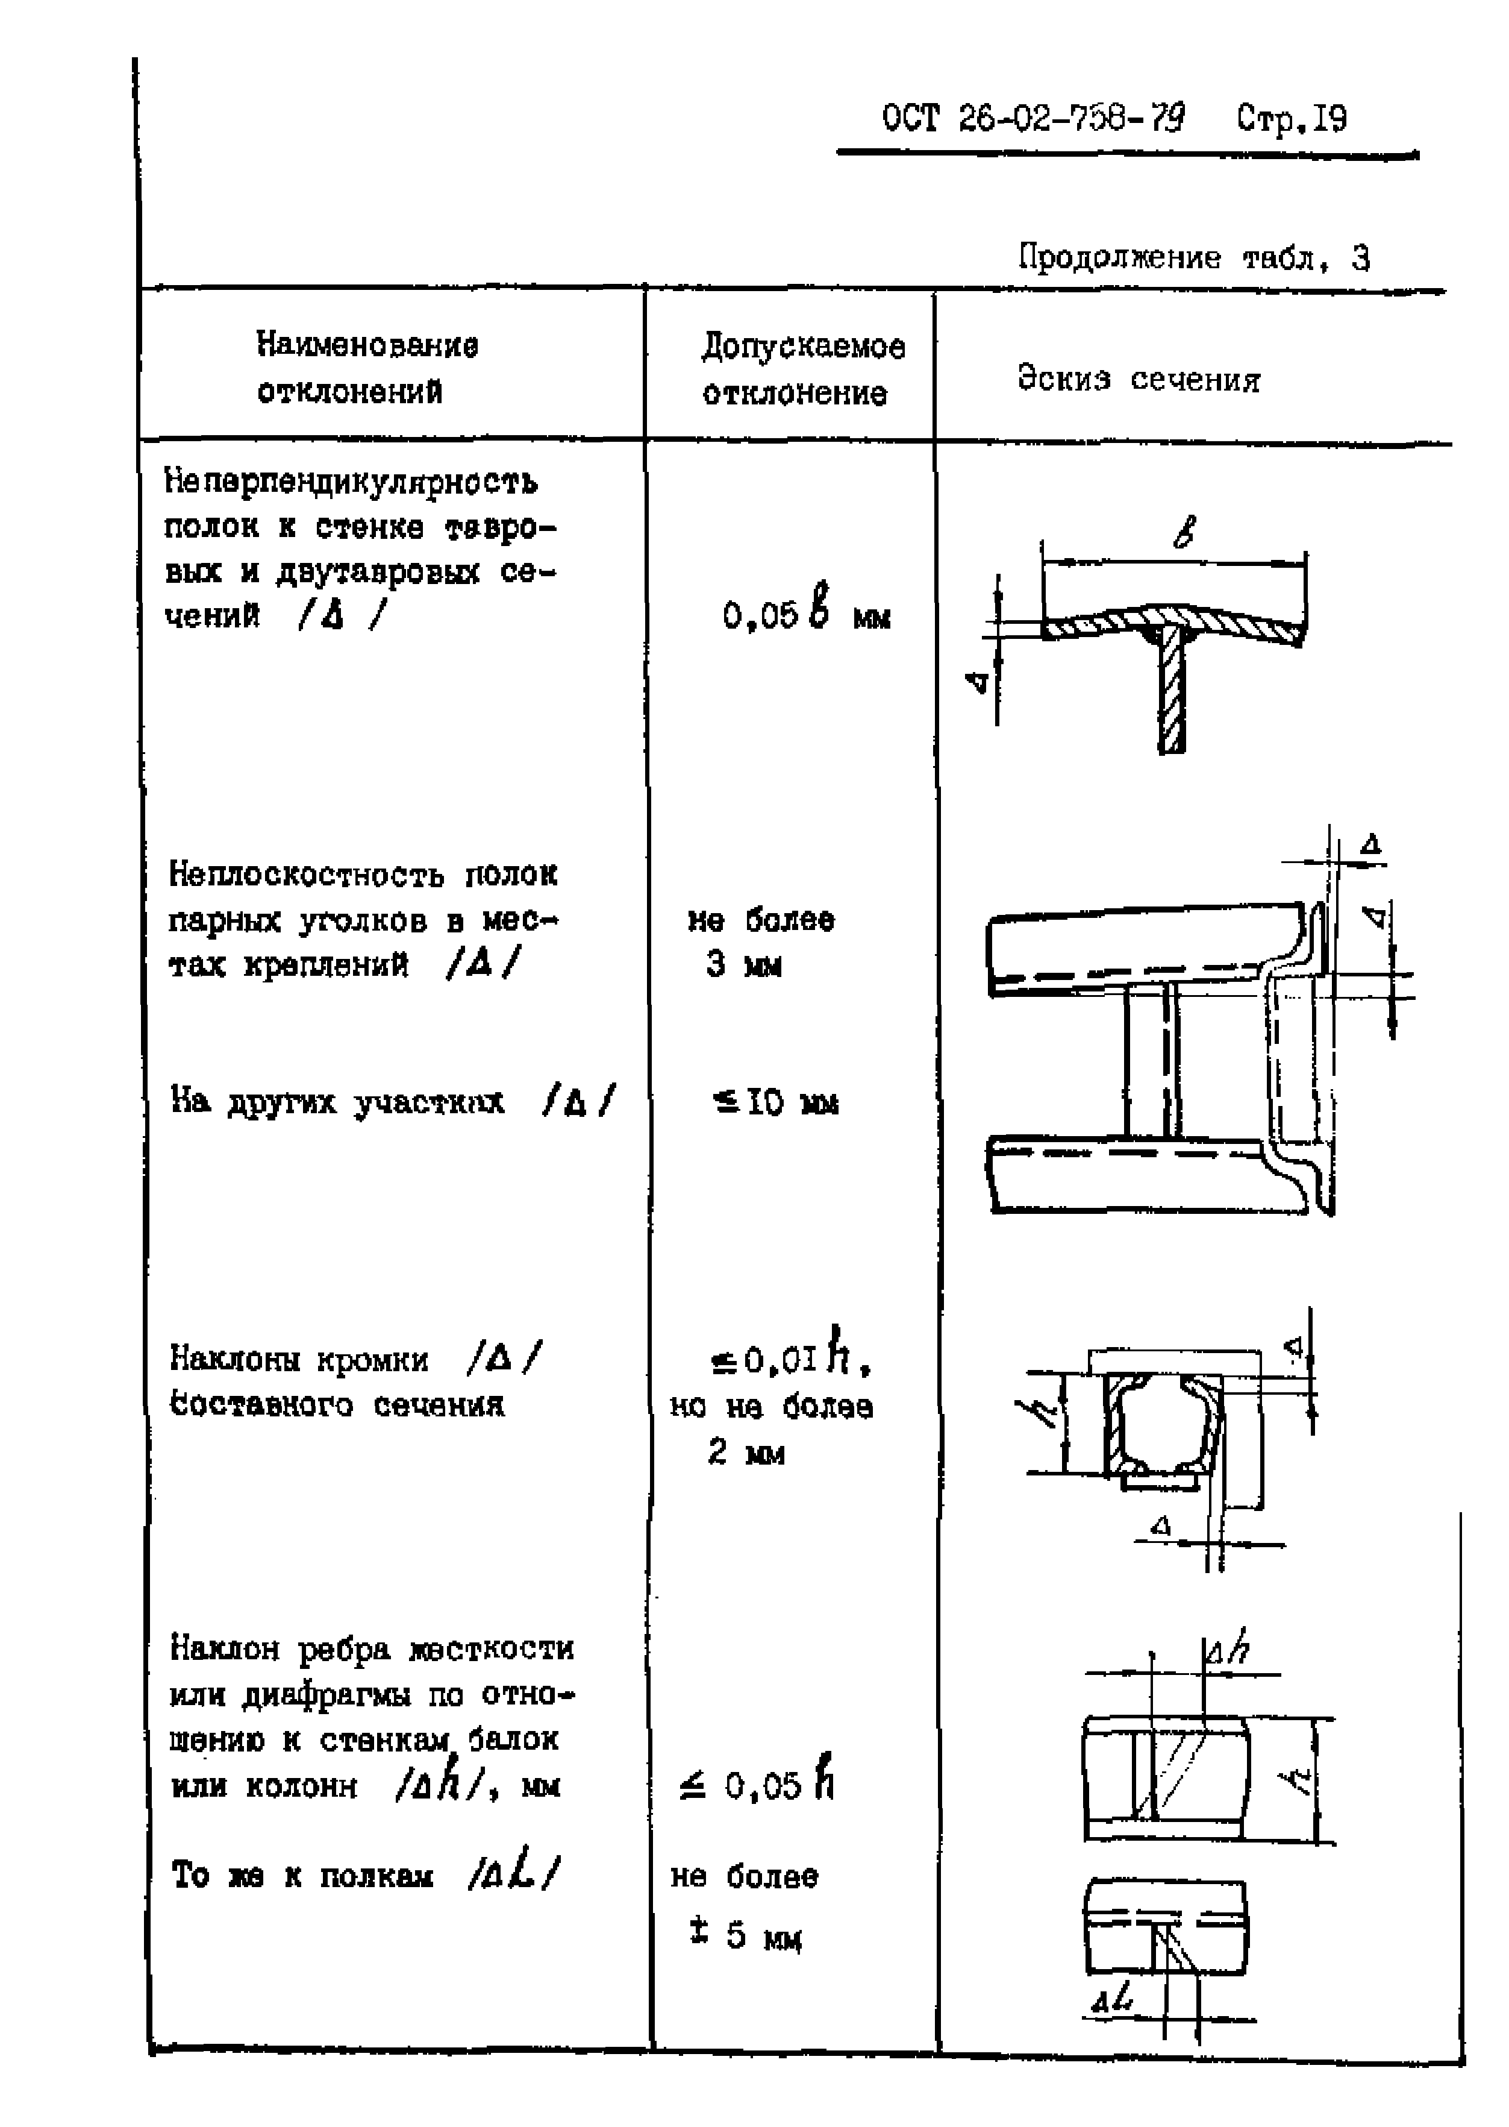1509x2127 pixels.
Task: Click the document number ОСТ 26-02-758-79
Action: point(1033,119)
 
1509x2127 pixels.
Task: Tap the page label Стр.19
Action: point(1291,119)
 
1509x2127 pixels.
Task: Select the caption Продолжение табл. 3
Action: point(1193,257)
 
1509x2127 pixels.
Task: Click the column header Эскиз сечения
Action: point(1139,379)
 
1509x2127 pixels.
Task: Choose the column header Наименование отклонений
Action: point(366,368)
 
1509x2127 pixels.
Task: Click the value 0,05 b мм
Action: point(805,614)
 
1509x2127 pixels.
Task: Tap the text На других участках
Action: point(337,1102)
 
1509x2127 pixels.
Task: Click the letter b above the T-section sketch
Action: point(1183,532)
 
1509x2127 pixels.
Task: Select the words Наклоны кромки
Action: point(299,1359)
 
